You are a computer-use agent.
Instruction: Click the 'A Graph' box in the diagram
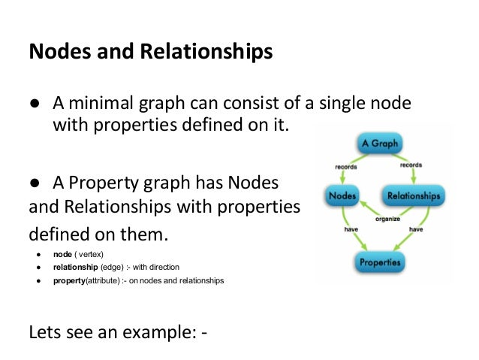tap(379, 143)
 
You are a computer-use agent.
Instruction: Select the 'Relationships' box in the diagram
tap(414, 197)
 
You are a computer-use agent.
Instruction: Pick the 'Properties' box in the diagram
tap(379, 262)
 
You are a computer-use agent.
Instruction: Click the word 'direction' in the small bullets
tap(163, 267)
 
